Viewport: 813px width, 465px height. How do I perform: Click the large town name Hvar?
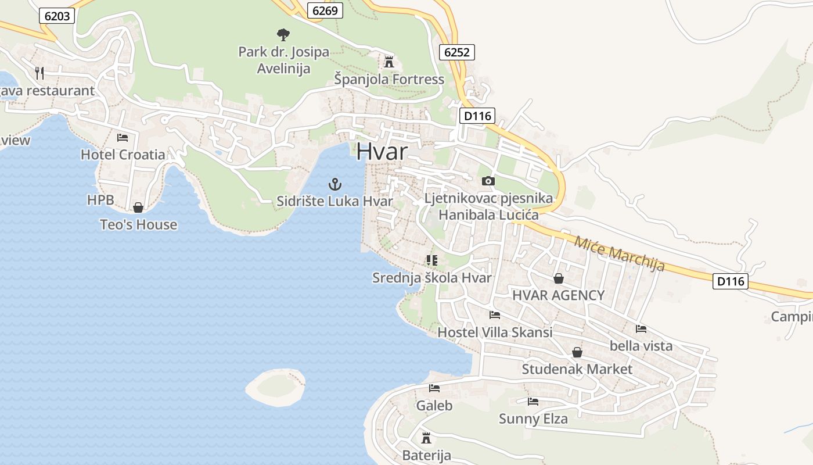[382, 151]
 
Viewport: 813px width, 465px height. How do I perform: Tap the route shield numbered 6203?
[57, 16]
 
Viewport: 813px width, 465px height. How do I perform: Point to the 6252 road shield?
[456, 52]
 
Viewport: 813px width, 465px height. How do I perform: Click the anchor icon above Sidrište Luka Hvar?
[334, 185]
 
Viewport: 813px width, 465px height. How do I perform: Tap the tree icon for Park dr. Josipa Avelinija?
[283, 35]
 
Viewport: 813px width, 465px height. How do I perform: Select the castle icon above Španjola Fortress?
[389, 62]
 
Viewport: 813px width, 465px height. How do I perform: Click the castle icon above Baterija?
[426, 438]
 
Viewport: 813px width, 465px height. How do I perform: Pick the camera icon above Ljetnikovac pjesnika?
[488, 181]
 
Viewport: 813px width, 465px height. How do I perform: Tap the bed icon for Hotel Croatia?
[123, 138]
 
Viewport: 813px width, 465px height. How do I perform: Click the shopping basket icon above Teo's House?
[138, 208]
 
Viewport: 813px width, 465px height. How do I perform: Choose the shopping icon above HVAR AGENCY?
[558, 278]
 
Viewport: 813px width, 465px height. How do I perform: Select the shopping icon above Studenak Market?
[577, 352]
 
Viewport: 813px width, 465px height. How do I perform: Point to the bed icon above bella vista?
[641, 329]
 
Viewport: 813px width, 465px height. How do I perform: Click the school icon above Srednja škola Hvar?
[431, 260]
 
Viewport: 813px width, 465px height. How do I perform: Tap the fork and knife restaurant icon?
[39, 73]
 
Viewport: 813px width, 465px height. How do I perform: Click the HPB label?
[100, 201]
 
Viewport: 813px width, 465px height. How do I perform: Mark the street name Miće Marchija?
[619, 253]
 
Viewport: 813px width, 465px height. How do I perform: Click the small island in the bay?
[275, 386]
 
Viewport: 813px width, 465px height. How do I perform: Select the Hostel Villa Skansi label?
[495, 332]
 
